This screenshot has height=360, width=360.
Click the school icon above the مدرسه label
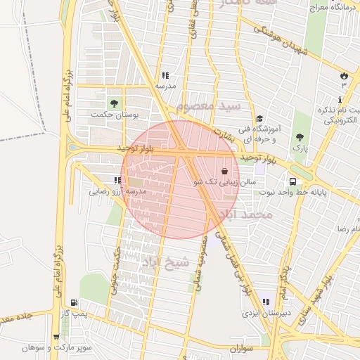click(165, 75)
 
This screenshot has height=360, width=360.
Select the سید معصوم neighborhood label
click(208, 106)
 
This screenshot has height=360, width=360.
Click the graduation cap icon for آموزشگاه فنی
click(260, 119)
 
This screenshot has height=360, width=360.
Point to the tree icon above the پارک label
click(300, 137)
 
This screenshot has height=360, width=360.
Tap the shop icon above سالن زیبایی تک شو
click(224, 171)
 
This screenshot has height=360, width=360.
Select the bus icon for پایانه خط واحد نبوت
click(291, 181)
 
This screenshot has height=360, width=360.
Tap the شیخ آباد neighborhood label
click(166, 262)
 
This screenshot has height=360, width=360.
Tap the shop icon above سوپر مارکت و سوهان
click(56, 337)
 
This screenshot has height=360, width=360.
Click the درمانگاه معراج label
click(327, 6)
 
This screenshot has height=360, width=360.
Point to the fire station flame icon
click(343, 75)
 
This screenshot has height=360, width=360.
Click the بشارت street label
click(221, 132)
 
